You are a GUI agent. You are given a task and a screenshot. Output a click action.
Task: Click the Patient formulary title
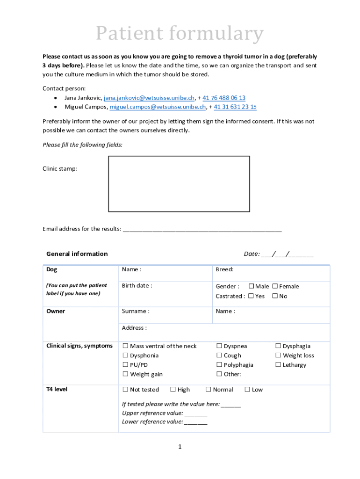[x=180, y=34]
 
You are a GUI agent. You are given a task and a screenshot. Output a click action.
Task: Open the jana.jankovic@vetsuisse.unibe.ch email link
[x=149, y=98]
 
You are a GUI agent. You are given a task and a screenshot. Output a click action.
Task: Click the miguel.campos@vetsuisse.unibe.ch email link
[x=158, y=107]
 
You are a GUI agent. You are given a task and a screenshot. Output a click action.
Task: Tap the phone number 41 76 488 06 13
[x=223, y=98]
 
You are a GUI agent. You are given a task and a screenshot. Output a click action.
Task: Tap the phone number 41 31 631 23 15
[x=235, y=107]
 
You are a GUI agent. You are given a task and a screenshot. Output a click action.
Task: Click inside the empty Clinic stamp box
[x=179, y=184]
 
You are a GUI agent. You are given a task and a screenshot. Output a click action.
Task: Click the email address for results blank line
[x=202, y=229]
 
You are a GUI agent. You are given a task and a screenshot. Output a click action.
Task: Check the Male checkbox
[x=251, y=286]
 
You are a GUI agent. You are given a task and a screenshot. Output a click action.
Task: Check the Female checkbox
[x=275, y=286]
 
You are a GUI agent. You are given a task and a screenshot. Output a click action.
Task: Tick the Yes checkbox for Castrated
[x=251, y=296]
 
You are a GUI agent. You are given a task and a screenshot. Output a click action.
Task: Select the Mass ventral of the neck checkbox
[x=125, y=346]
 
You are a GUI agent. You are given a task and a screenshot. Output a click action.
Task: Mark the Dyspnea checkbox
[x=219, y=346]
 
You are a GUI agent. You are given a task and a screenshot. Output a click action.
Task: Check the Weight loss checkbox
[x=278, y=356]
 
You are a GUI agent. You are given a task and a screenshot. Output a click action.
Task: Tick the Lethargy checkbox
[x=278, y=365]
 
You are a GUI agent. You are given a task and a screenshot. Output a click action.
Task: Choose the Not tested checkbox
[x=125, y=390]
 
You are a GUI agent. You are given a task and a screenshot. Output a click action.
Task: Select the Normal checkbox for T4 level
[x=209, y=390]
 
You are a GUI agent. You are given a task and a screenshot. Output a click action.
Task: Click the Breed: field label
[x=224, y=269]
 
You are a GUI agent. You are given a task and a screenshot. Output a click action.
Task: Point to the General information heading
[x=77, y=254]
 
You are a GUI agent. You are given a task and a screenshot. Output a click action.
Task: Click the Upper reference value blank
[x=196, y=414]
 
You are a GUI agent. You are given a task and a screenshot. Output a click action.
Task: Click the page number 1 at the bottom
[x=180, y=447]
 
